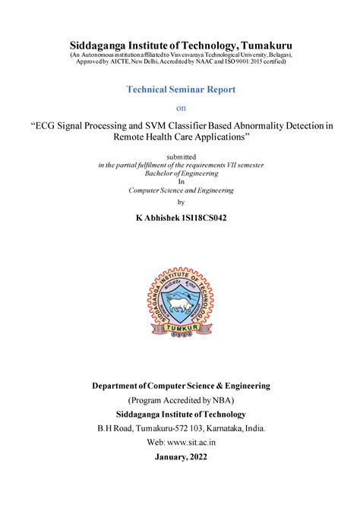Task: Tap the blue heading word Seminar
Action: tap(178, 89)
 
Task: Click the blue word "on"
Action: tap(180, 107)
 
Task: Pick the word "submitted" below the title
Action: tap(180, 156)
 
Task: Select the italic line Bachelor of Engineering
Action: tap(180, 173)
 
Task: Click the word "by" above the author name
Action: tap(180, 202)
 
